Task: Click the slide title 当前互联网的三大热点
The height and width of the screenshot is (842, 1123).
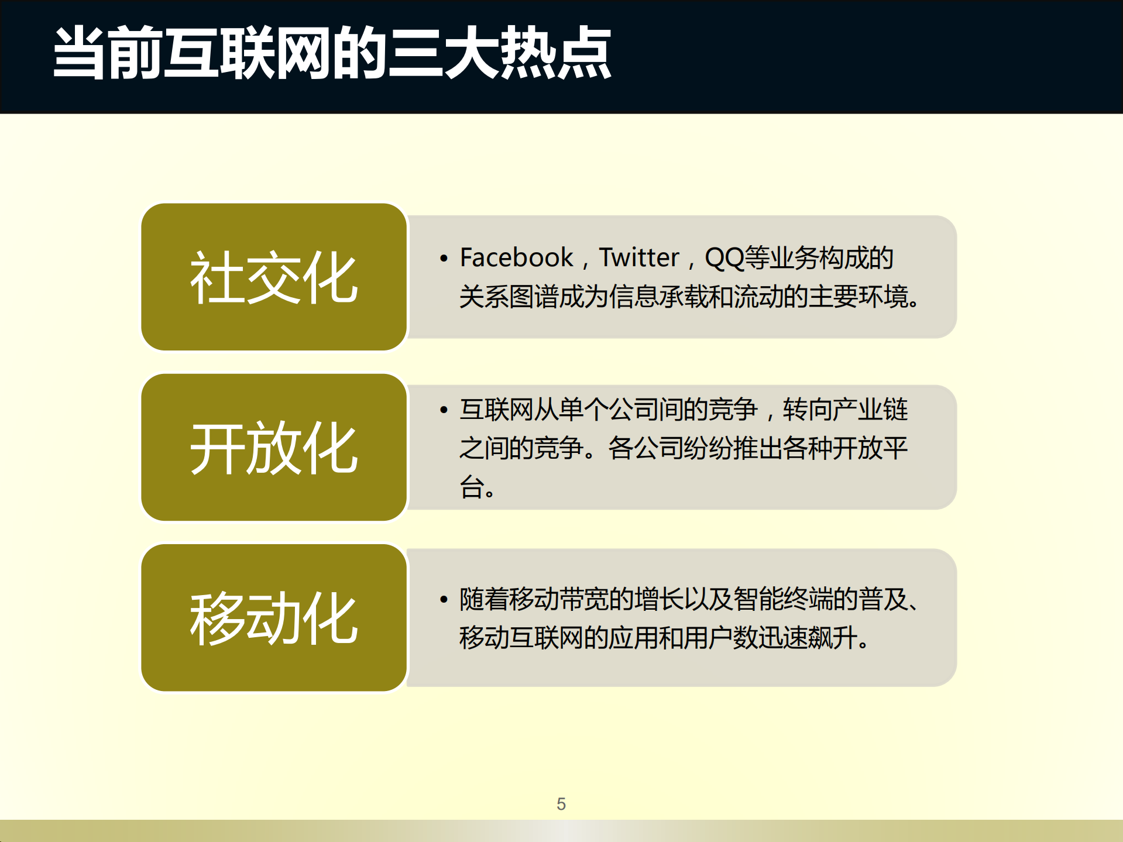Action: click(332, 53)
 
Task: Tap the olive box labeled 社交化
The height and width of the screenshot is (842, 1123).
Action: click(274, 277)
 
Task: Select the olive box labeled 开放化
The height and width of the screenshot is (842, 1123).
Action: click(274, 447)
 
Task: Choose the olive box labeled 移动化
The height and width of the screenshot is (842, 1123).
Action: click(274, 617)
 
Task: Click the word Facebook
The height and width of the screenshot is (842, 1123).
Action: click(516, 257)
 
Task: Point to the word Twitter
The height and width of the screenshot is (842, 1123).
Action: click(638, 257)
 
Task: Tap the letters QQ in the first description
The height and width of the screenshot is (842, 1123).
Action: click(724, 257)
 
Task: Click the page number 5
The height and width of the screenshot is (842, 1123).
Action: click(561, 804)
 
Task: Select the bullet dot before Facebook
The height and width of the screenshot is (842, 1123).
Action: click(444, 258)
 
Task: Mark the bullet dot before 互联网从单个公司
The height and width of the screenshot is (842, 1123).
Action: click(444, 410)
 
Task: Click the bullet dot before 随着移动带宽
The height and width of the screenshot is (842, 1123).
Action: click(444, 599)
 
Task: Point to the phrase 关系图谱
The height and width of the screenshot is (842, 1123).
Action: click(508, 297)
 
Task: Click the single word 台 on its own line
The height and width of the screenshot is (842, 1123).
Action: click(471, 487)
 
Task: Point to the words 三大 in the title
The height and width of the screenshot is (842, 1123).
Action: click(443, 53)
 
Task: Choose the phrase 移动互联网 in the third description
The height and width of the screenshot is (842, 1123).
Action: click(521, 637)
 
